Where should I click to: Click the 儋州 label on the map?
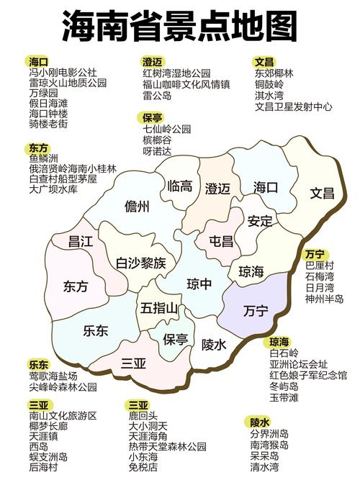137,207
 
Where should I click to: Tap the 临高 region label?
179,186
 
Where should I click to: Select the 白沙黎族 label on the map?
141,262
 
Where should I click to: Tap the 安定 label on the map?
260,221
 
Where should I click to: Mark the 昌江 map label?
81,242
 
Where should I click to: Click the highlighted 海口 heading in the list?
38,61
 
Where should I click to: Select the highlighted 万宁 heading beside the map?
314,254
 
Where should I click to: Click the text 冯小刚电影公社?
63,73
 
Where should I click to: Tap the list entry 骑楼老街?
48,124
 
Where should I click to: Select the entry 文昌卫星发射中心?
294,107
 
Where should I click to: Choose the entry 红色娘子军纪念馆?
308,375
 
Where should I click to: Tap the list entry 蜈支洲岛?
48,457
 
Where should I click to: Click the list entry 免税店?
143,467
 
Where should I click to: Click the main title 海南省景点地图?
180,27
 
